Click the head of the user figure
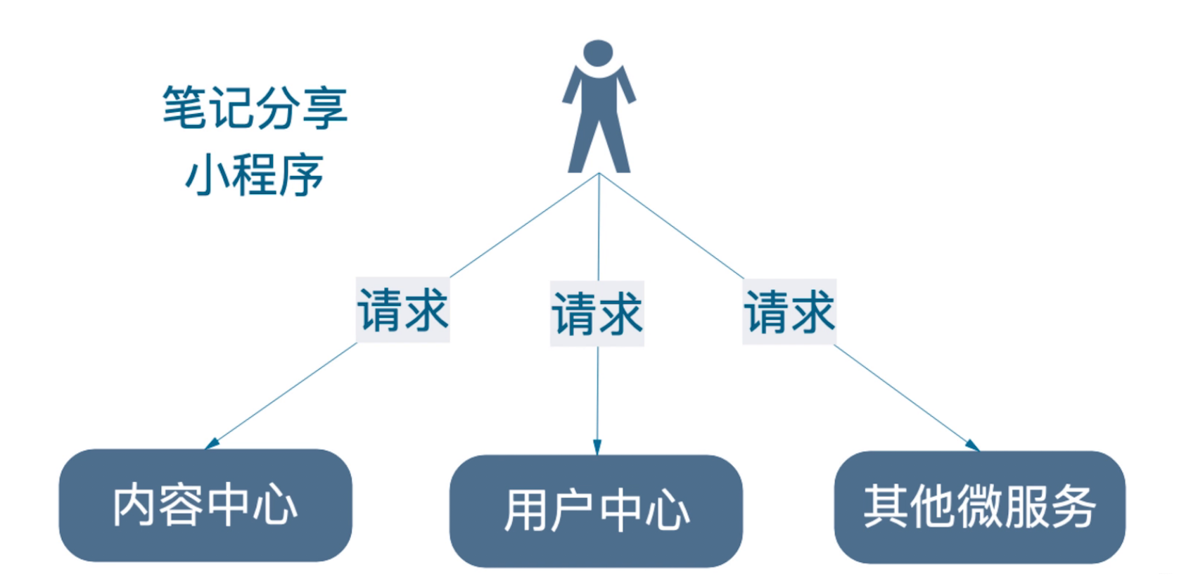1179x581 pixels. pyautogui.click(x=598, y=53)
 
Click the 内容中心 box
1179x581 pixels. pyautogui.click(x=205, y=505)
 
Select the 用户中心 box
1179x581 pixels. pyautogui.click(x=596, y=511)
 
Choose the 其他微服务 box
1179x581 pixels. pyautogui.click(x=979, y=506)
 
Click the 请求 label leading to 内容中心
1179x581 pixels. pyautogui.click(x=403, y=310)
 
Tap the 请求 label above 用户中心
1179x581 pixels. pyautogui.click(x=597, y=314)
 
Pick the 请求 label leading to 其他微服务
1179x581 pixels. pyautogui.click(x=789, y=312)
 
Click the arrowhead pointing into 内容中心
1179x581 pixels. pyautogui.click(x=211, y=444)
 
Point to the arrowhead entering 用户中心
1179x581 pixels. pyautogui.click(x=597, y=447)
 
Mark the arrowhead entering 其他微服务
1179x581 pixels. pyautogui.click(x=973, y=445)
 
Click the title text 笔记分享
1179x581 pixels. pyautogui.click(x=255, y=108)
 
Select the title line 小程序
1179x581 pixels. pyautogui.click(x=255, y=175)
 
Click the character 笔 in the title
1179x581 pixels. pyautogui.click(x=184, y=108)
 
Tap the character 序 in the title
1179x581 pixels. pyautogui.click(x=301, y=175)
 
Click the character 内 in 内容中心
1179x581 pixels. pyautogui.click(x=134, y=505)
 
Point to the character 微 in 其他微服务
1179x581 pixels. pyautogui.click(x=979, y=506)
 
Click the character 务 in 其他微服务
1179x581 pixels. pyautogui.click(x=1073, y=506)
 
